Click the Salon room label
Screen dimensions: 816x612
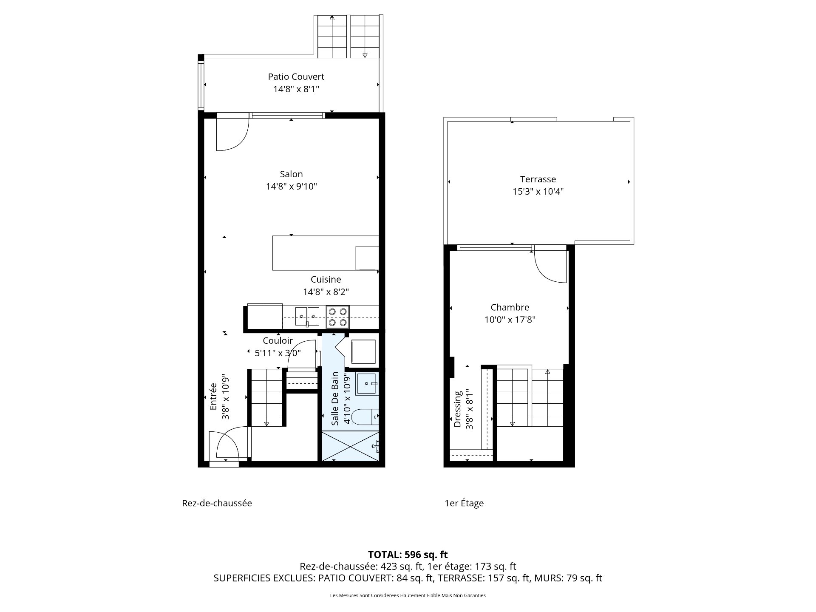coord(291,174)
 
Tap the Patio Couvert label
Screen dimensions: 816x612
coord(296,76)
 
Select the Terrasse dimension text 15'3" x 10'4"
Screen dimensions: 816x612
coord(538,191)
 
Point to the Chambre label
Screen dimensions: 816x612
coord(510,307)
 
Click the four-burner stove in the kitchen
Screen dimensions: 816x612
coord(338,317)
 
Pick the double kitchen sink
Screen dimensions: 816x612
coord(307,317)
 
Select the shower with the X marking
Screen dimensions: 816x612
coord(350,446)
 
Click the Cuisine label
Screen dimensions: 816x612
coord(326,279)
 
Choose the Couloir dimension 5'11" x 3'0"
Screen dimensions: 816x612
coord(278,353)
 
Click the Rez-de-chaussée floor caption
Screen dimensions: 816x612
coord(217,503)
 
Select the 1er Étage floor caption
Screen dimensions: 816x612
coord(464,503)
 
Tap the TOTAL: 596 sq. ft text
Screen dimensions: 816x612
coord(408,554)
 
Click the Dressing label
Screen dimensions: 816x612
coord(458,409)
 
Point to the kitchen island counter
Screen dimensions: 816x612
coord(326,253)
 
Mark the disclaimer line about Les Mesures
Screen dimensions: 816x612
coord(408,595)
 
